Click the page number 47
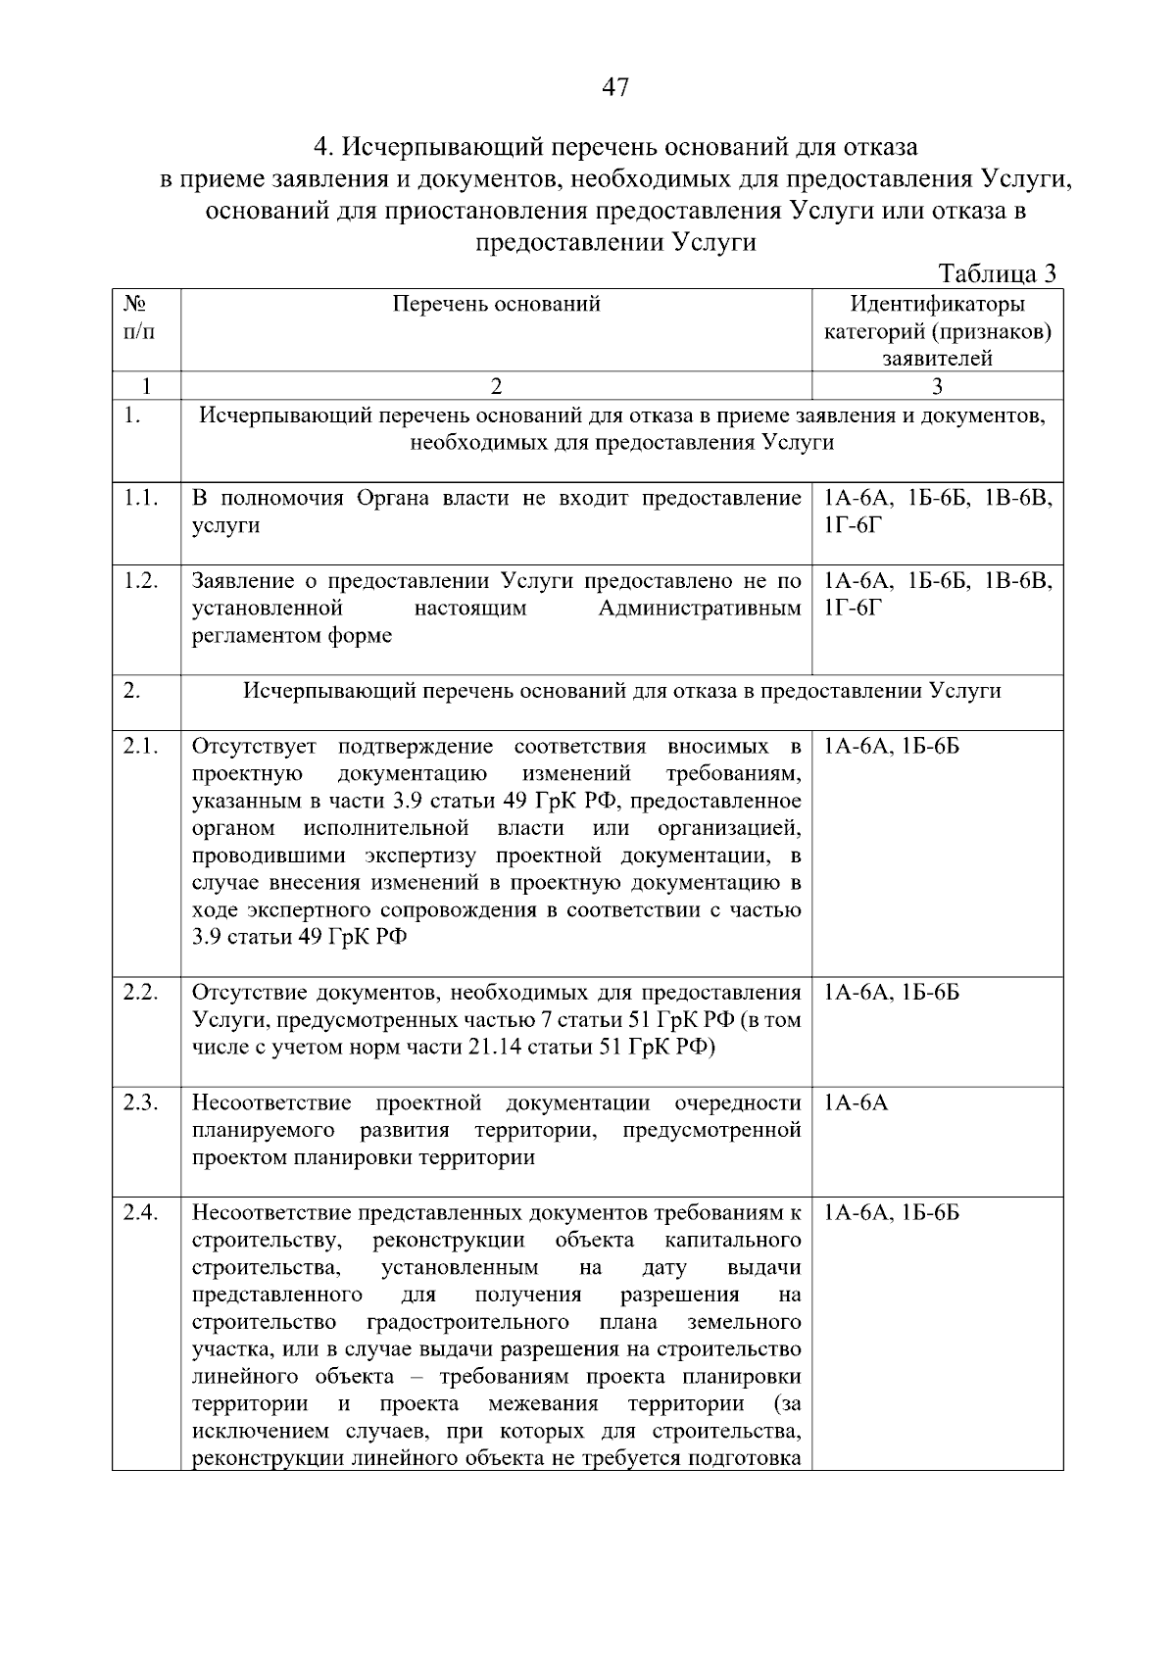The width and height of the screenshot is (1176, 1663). click(x=614, y=88)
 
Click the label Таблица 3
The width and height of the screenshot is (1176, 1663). click(x=998, y=273)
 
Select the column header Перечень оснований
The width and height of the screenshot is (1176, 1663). click(x=496, y=305)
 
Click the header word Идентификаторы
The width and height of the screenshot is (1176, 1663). click(x=937, y=305)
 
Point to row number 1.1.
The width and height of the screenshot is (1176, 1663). click(x=141, y=499)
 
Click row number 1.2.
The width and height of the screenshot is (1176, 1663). click(x=141, y=581)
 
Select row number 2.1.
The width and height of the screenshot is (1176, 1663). click(x=141, y=747)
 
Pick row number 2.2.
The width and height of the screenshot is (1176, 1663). click(x=141, y=993)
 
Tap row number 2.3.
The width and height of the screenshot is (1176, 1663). click(x=141, y=1102)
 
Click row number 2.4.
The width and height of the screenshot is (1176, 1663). click(x=141, y=1213)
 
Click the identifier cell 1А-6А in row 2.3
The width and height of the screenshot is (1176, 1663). click(x=856, y=1103)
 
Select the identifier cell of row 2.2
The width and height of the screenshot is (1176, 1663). click(x=891, y=994)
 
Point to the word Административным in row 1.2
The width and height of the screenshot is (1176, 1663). click(x=699, y=609)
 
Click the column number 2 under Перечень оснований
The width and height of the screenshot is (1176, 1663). click(x=496, y=386)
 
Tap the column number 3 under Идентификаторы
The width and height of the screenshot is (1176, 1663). click(x=937, y=386)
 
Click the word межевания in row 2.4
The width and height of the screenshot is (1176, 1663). click(x=542, y=1404)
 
